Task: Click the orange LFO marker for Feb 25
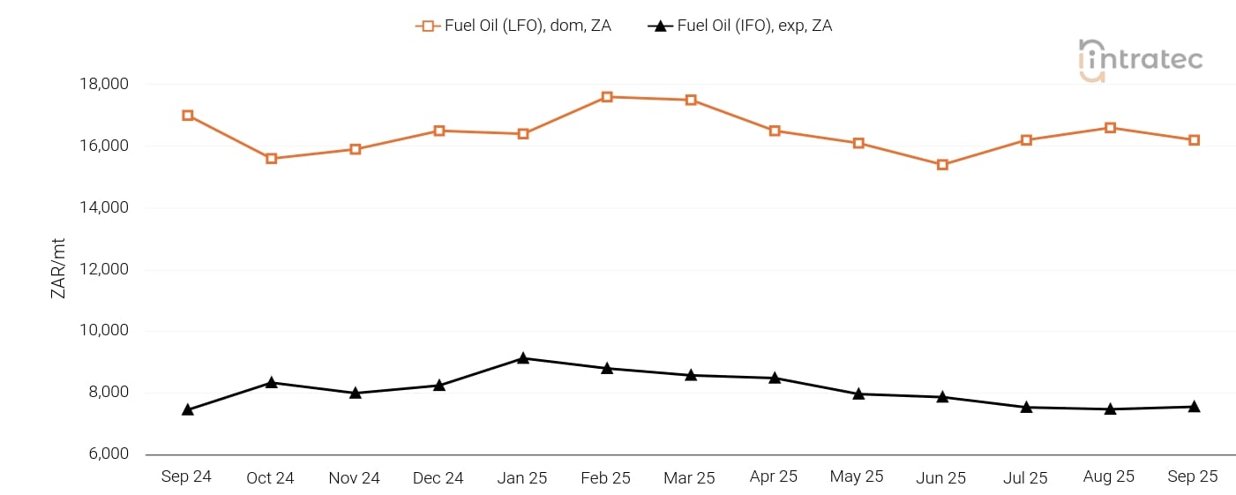pos(607,97)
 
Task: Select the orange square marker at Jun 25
pos(942,165)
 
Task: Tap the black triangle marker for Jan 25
pos(523,358)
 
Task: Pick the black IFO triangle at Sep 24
pos(188,409)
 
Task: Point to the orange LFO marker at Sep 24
pos(188,116)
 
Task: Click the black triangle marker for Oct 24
pos(272,383)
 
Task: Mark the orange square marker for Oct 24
pos(272,159)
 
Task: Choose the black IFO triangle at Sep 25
pos(1194,407)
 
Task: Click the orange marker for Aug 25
pos(1110,128)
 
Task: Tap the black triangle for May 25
pos(858,394)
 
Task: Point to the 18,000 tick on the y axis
pos(104,85)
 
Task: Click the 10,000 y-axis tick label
pos(104,331)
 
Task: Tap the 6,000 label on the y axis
pos(108,454)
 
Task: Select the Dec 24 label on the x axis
pos(438,478)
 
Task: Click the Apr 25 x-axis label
pos(774,476)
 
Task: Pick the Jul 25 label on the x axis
pos(1025,478)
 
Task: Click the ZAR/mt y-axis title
pos(59,269)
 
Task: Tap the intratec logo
pos(1140,60)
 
